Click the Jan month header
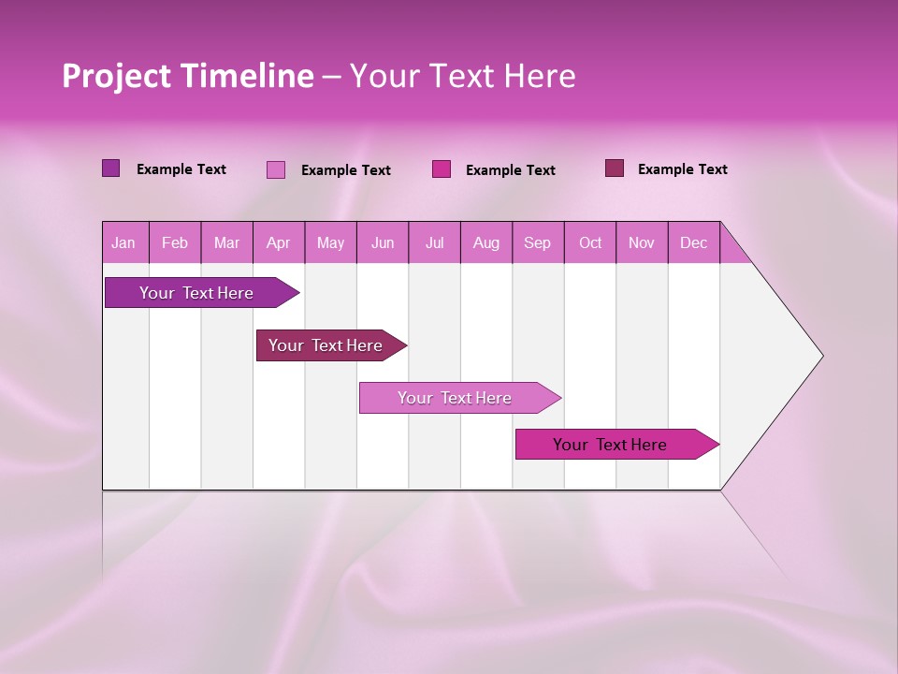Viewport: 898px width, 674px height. click(x=123, y=242)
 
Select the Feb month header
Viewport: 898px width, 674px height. click(x=175, y=242)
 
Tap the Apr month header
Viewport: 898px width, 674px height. click(x=278, y=242)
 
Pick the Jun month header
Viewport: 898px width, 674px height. click(x=383, y=242)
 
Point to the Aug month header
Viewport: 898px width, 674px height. click(x=486, y=242)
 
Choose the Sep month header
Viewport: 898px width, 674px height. click(x=537, y=242)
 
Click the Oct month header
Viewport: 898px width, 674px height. click(x=590, y=242)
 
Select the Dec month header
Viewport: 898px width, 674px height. click(x=693, y=242)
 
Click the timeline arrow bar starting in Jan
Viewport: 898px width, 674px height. click(x=196, y=293)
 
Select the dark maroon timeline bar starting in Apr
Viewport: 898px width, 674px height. click(x=326, y=345)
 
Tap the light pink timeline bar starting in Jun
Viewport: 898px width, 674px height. click(x=455, y=398)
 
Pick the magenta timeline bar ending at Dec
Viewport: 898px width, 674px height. click(x=610, y=445)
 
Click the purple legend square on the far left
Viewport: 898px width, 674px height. click(x=111, y=168)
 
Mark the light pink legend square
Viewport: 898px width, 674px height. click(x=276, y=169)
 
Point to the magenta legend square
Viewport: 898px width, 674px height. click(x=442, y=169)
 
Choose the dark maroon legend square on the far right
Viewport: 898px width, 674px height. click(x=614, y=168)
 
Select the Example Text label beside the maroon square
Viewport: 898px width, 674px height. click(x=682, y=169)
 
